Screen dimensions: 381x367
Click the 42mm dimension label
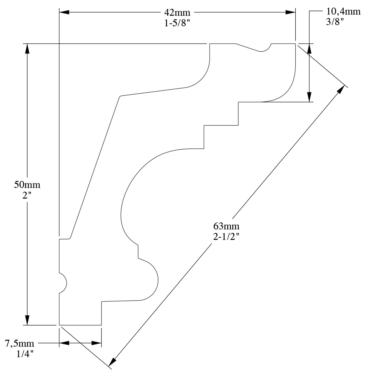pos(177,12)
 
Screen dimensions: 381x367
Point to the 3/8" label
pos(335,22)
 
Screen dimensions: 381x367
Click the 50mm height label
pos(27,185)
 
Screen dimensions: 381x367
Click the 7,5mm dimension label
pos(20,344)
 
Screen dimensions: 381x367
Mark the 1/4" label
pos(25,354)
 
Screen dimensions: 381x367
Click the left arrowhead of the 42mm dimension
pos(64,12)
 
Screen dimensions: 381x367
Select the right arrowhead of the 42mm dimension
pos(291,12)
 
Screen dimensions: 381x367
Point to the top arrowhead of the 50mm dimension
pos(27,49)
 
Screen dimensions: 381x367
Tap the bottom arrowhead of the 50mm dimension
pos(27,320)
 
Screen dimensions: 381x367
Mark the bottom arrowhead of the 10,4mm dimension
pos(309,97)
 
